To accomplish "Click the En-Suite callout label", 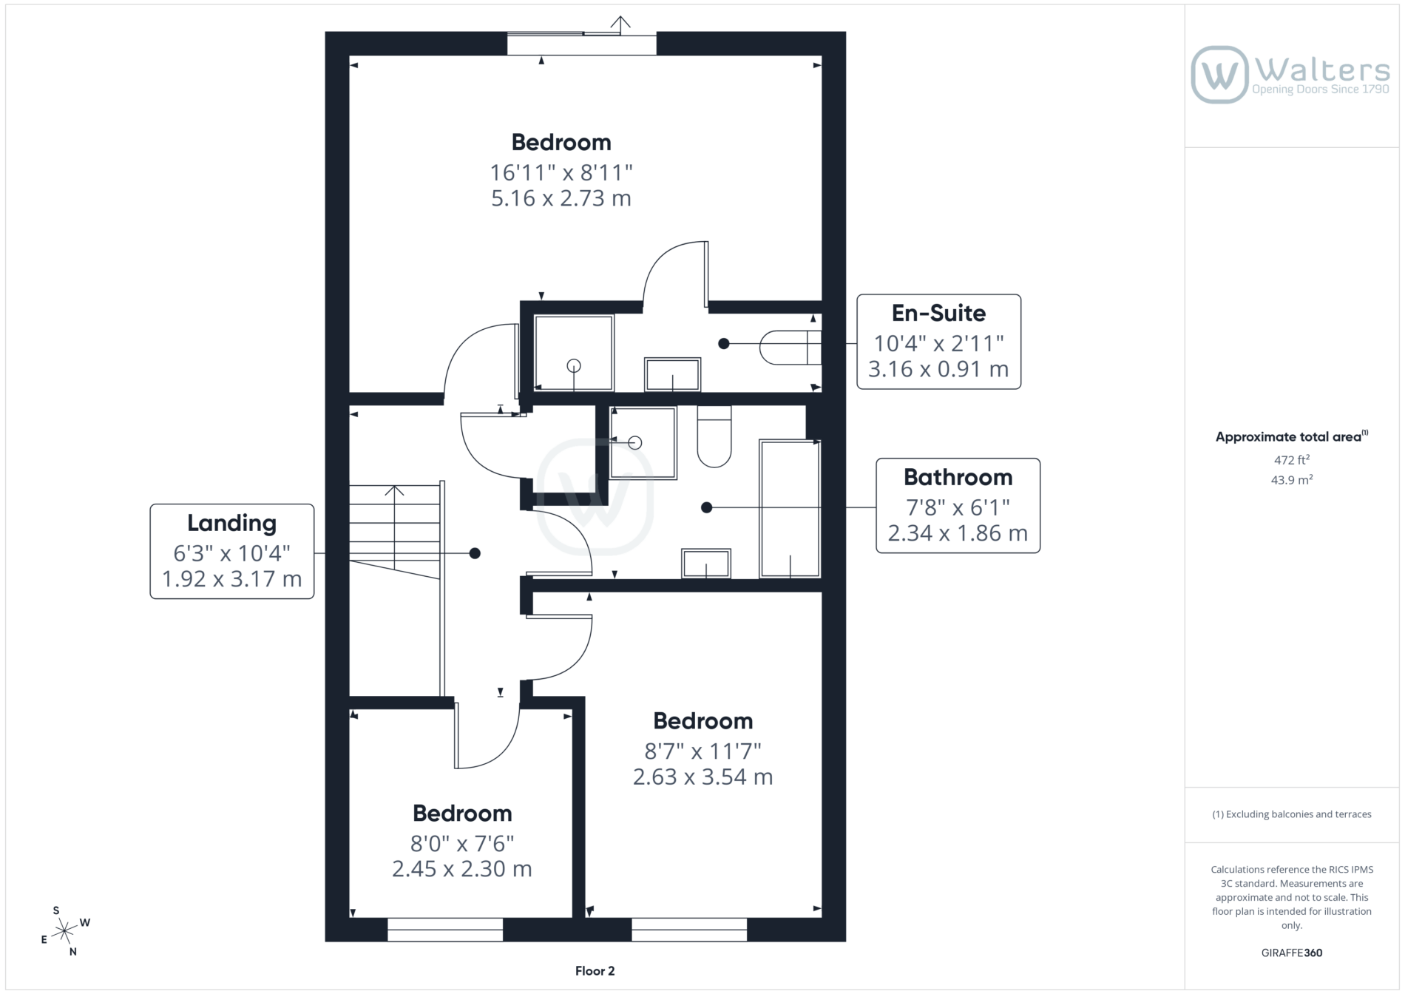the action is tap(938, 313).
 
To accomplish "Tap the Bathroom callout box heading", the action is tap(958, 477).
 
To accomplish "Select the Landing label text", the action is tap(231, 523).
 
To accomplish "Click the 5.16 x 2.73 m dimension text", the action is tap(561, 198).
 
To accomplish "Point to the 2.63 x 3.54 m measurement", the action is tap(702, 777).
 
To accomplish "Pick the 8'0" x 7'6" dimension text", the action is tap(462, 843).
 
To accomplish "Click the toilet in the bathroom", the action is tap(714, 436).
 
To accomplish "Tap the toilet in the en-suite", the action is tap(790, 347).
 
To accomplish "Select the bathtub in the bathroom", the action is tap(790, 508).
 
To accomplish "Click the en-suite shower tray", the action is tap(574, 353).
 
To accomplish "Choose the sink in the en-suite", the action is tap(672, 374).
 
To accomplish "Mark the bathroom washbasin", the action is tap(706, 564).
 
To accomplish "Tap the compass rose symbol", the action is tap(65, 930).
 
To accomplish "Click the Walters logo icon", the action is tap(1219, 75).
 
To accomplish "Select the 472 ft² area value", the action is tap(1292, 459).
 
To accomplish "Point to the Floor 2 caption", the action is tap(595, 971).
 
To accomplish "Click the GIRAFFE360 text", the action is tap(1292, 953).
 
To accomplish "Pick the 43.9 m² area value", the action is tap(1292, 480).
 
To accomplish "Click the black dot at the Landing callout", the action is tap(475, 553).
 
